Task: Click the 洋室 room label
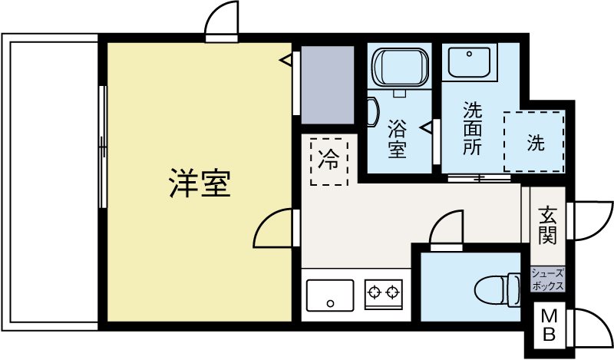point(200,183)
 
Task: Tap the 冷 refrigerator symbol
point(329,160)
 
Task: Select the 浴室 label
point(397,137)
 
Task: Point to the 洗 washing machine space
point(535,142)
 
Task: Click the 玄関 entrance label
point(547,225)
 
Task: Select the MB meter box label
point(550,325)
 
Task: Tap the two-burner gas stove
point(383,292)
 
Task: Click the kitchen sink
point(330,294)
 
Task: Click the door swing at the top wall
point(222,18)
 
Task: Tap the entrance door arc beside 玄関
point(591,221)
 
